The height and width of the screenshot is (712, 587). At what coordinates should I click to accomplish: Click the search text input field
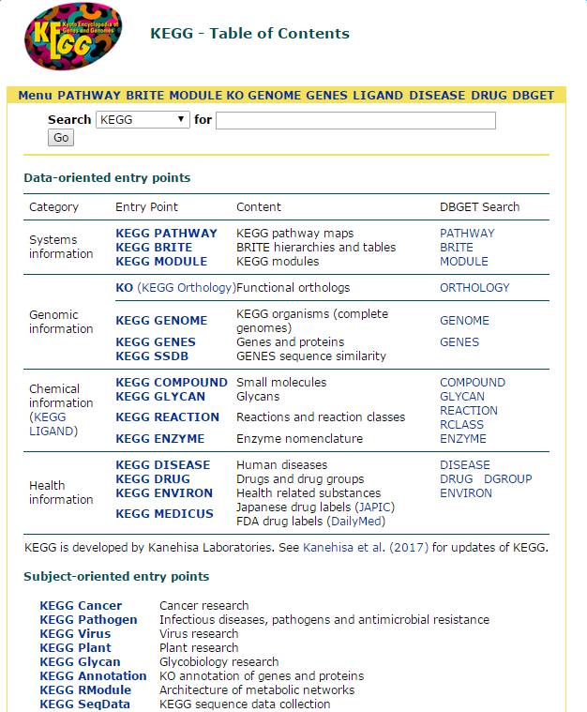[x=355, y=120]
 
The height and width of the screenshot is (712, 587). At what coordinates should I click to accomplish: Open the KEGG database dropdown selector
[x=143, y=120]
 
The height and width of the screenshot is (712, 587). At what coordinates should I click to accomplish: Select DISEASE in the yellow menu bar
[x=437, y=96]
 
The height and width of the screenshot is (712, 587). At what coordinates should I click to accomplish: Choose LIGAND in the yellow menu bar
[x=378, y=96]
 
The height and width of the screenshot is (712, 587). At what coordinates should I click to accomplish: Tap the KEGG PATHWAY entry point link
[x=166, y=234]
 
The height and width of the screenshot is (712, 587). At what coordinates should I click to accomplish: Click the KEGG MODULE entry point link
[x=161, y=262]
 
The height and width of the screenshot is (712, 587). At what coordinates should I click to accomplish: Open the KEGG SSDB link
[x=157, y=356]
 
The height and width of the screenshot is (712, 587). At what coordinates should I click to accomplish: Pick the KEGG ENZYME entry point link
[x=159, y=439]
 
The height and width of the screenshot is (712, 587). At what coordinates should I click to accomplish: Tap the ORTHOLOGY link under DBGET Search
[x=474, y=288]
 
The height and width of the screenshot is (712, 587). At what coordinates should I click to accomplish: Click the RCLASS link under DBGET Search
[x=462, y=425]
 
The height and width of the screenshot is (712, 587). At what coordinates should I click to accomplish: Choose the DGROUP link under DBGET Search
[x=507, y=479]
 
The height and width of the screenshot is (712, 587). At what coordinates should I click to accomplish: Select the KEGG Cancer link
[x=81, y=606]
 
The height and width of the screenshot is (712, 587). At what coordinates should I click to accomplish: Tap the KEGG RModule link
[x=85, y=690]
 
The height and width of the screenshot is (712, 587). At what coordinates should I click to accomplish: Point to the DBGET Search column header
[x=479, y=207]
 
